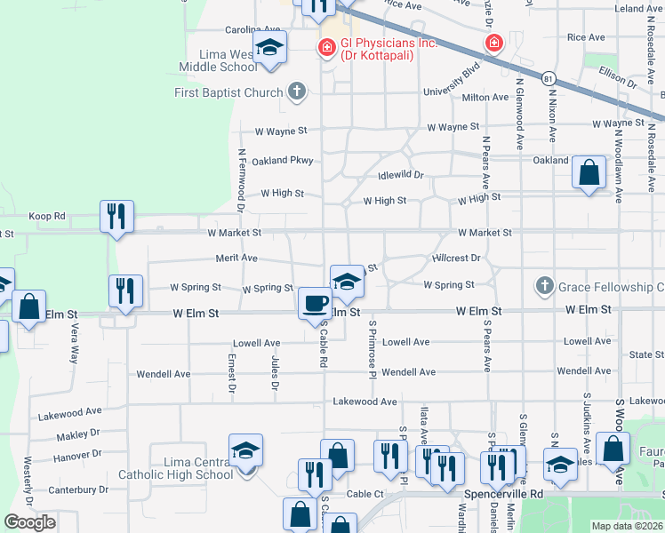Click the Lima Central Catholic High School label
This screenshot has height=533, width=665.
click(x=198, y=468)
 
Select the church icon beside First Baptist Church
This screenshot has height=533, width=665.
click(x=297, y=92)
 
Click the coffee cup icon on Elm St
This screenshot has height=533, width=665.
click(x=313, y=303)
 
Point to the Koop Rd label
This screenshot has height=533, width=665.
click(x=48, y=216)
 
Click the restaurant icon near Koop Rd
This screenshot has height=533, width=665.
click(x=117, y=216)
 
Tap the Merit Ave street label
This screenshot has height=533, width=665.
click(x=236, y=259)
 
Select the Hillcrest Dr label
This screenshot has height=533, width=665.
click(x=456, y=258)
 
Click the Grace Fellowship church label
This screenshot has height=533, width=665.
click(x=611, y=287)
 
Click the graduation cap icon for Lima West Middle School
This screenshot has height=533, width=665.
click(x=269, y=49)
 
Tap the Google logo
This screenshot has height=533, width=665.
click(x=29, y=522)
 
